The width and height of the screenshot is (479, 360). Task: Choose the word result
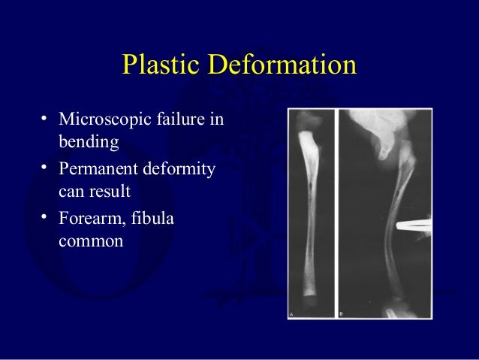(110, 192)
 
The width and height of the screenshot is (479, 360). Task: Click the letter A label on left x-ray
(293, 313)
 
